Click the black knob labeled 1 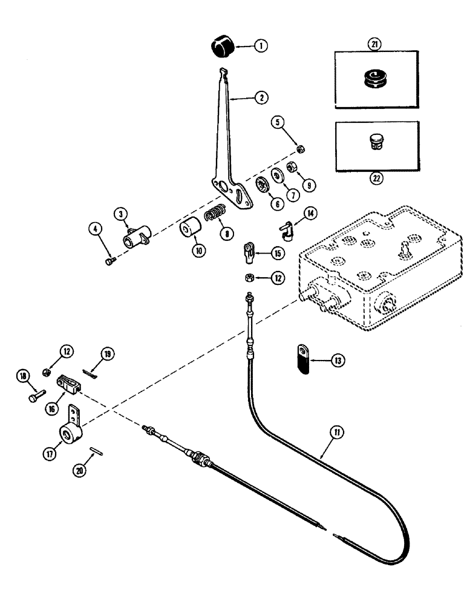pos(221,45)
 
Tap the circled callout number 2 pos(261,96)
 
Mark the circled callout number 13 pos(335,362)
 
